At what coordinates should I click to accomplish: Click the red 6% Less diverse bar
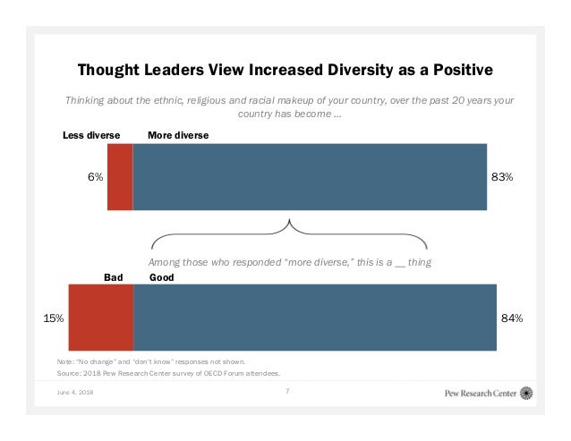[119, 176]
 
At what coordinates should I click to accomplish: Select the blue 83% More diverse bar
[310, 176]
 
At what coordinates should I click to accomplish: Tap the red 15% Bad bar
[100, 317]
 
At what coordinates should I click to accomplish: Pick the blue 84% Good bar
[315, 317]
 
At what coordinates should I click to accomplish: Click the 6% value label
[94, 177]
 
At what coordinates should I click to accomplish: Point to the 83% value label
[502, 177]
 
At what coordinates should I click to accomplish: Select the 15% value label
[53, 318]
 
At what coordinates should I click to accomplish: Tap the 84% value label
[512, 318]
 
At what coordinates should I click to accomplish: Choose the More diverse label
[177, 135]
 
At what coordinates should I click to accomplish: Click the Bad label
[113, 278]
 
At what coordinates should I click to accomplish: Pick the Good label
[161, 278]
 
